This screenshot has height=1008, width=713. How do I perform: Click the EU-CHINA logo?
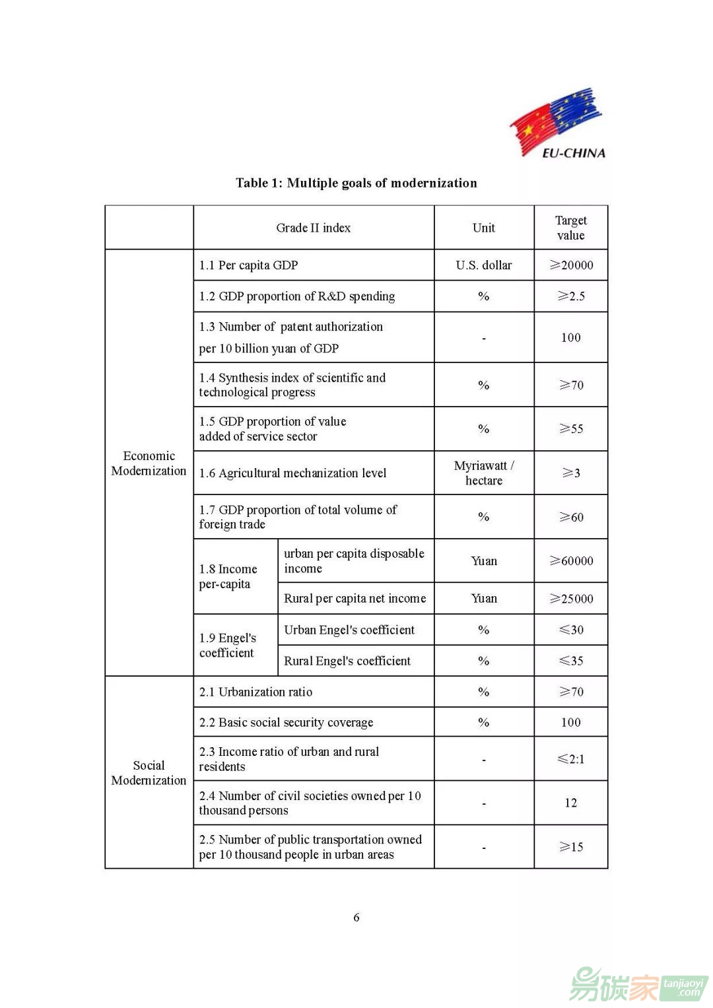click(558, 123)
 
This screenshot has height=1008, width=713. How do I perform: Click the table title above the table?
click(356, 183)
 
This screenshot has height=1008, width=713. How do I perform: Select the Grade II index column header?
click(313, 228)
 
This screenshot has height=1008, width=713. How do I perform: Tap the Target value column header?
click(570, 228)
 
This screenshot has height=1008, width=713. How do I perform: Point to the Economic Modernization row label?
click(149, 463)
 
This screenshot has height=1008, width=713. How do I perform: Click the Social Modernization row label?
click(149, 772)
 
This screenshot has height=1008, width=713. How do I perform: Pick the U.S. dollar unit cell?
click(483, 265)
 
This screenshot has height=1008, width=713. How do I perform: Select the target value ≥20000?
click(571, 265)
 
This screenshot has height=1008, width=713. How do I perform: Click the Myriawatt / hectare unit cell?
click(483, 473)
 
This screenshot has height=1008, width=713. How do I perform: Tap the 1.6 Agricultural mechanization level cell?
click(292, 473)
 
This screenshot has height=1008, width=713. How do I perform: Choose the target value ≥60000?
click(571, 560)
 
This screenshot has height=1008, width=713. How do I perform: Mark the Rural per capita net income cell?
click(355, 598)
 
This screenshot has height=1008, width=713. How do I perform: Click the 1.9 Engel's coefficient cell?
click(228, 645)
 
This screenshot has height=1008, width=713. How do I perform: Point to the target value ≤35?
click(571, 661)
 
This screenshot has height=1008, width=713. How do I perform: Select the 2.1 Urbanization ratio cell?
click(255, 692)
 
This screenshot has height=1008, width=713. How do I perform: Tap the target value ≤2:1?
click(571, 758)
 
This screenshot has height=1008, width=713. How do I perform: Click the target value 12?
click(571, 803)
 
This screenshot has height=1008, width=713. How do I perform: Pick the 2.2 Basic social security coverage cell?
click(286, 722)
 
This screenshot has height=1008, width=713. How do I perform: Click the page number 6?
click(356, 917)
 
